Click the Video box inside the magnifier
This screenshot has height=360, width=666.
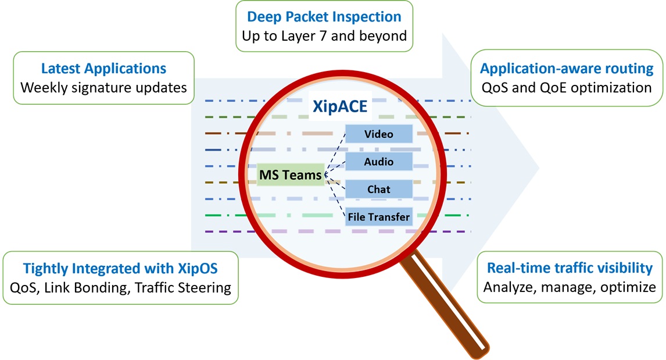click(x=379, y=134)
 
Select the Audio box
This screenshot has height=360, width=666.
click(x=379, y=162)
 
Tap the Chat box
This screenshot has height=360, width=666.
click(x=379, y=190)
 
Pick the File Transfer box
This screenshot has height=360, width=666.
click(x=379, y=218)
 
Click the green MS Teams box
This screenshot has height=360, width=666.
click(x=291, y=174)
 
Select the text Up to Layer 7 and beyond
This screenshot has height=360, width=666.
click(x=324, y=35)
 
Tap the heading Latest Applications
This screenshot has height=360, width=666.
click(x=103, y=68)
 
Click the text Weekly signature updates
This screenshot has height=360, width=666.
click(x=103, y=88)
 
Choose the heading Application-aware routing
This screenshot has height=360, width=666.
click(x=567, y=68)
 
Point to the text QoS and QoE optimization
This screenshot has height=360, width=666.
click(x=567, y=88)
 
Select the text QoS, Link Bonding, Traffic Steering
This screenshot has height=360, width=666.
click(x=121, y=287)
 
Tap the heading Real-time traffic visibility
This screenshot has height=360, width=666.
click(x=570, y=268)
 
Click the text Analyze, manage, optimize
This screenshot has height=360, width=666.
click(x=570, y=287)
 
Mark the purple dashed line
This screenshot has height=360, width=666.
click(x=221, y=232)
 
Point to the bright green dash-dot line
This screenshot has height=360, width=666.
click(x=221, y=216)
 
